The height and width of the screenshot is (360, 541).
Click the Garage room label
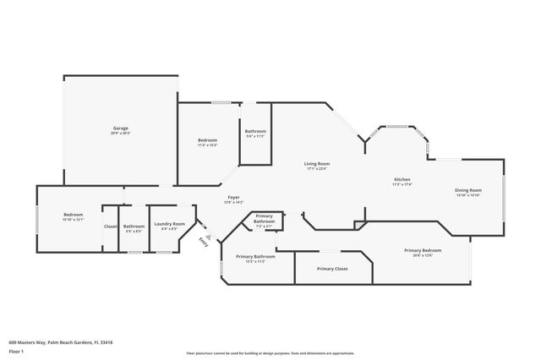tap(121, 128)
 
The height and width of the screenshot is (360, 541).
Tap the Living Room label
tap(317, 163)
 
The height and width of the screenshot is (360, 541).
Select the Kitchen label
tap(403, 180)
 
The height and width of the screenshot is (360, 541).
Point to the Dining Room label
tap(468, 190)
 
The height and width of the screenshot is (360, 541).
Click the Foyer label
tap(232, 197)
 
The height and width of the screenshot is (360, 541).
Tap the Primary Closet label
tap(332, 269)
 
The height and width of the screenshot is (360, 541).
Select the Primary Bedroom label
tap(423, 250)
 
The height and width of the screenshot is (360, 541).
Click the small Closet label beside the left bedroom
tap(111, 226)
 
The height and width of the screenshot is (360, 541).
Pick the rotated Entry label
tap(203, 242)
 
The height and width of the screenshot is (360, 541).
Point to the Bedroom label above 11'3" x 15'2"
tap(207, 139)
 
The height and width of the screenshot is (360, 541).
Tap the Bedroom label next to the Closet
tap(74, 215)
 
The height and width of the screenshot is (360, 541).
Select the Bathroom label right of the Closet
tap(134, 226)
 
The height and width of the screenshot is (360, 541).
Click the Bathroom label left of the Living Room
tap(256, 131)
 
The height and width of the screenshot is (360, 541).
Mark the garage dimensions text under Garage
tap(121, 134)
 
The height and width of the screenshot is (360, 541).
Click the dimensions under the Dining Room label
tap(468, 195)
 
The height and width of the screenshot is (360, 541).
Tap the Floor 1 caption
tap(17, 350)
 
